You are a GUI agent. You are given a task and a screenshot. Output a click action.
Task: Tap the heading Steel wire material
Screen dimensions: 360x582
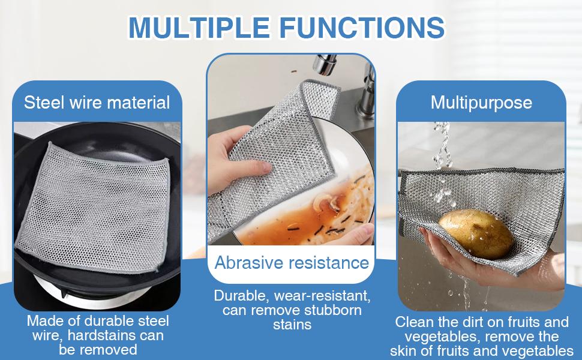(97, 102)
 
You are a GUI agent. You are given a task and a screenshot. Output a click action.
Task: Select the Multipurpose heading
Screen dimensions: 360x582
(481, 102)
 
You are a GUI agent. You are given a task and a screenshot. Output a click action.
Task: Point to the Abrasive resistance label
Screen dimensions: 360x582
(292, 262)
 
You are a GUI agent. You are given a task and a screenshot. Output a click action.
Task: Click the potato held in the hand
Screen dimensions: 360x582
(476, 235)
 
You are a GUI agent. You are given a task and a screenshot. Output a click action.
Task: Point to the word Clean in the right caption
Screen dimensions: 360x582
(415, 322)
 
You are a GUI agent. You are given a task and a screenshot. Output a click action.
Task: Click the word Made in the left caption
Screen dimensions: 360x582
(44, 320)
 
